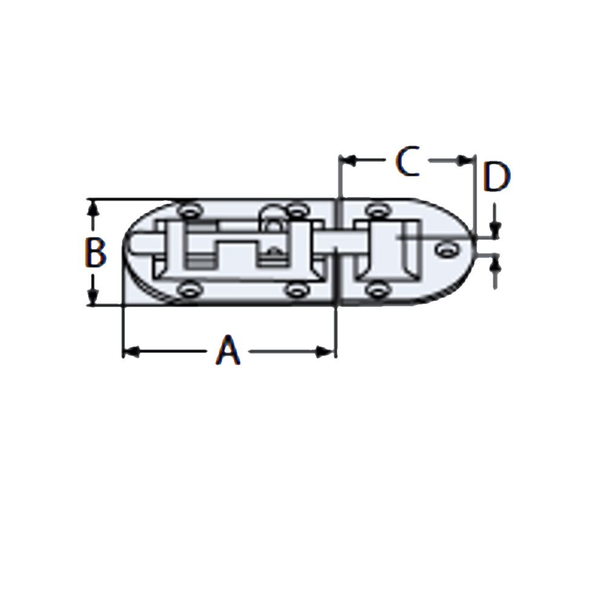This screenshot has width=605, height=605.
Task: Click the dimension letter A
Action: [229, 350]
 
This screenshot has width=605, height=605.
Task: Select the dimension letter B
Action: [95, 252]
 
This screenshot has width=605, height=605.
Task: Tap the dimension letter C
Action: [408, 162]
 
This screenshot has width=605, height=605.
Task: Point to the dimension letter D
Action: [497, 177]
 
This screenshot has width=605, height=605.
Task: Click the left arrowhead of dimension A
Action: [131, 352]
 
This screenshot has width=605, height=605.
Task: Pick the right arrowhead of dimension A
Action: [325, 352]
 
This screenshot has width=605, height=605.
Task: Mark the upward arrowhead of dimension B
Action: [92, 208]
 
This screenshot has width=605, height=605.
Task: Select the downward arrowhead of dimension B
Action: [92, 296]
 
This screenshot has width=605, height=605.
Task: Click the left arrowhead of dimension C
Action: [347, 160]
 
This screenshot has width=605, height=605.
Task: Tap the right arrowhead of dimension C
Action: [465, 160]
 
